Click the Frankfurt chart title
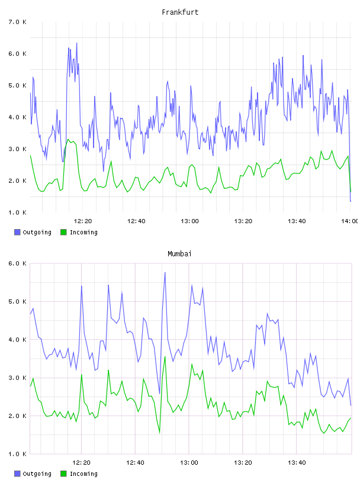[x=180, y=12]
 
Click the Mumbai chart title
[x=179, y=254]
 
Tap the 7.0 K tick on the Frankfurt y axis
[x=18, y=22]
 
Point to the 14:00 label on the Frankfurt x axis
[x=351, y=221]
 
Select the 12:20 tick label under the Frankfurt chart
[x=83, y=221]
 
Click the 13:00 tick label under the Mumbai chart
[x=189, y=463]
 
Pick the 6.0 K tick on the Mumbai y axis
[x=18, y=263]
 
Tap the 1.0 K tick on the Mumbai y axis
[x=18, y=454]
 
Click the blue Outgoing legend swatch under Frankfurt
[x=17, y=232]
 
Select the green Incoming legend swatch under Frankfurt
[x=63, y=232]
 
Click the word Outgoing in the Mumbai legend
[x=37, y=474]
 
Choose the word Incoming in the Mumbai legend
[x=83, y=474]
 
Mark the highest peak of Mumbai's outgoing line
[x=165, y=272]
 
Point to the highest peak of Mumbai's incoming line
[x=165, y=356]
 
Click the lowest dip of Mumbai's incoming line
[x=160, y=433]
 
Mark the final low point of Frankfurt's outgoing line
[x=351, y=201]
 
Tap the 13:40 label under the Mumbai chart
[x=297, y=463]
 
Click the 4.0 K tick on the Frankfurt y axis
[x=18, y=117]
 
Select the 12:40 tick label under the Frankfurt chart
[x=136, y=221]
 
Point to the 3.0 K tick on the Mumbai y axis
[x=18, y=378]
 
